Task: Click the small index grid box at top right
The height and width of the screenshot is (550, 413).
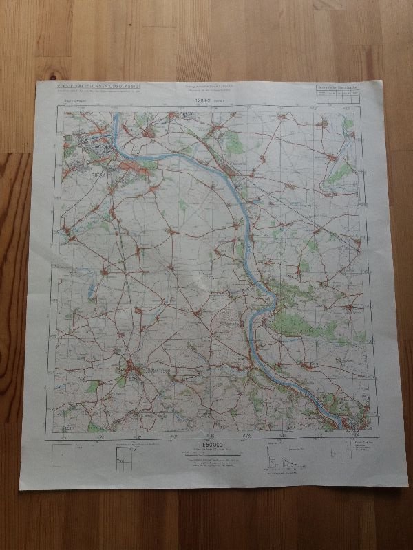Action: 337,95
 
